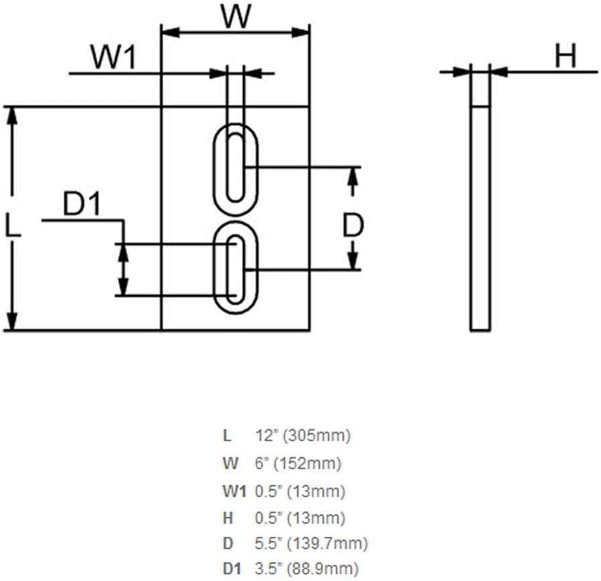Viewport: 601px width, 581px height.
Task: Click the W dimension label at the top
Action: (x=237, y=16)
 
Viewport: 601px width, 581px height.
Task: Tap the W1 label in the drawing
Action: (x=113, y=57)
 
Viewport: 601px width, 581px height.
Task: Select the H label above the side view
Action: (x=566, y=56)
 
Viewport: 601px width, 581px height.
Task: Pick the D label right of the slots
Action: (x=352, y=225)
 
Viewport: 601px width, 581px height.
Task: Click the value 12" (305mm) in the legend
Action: (x=302, y=436)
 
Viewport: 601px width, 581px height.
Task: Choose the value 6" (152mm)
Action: (x=298, y=463)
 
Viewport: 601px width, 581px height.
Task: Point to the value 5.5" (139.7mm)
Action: (x=311, y=543)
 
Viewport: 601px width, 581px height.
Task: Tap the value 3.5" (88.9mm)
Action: (x=306, y=569)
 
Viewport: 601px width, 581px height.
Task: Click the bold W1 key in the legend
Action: (x=234, y=491)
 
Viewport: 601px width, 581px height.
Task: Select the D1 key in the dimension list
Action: (x=233, y=569)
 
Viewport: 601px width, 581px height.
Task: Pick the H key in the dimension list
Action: (x=228, y=518)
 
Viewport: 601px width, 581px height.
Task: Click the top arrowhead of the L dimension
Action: (x=13, y=115)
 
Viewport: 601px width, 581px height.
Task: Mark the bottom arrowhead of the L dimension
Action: (x=13, y=321)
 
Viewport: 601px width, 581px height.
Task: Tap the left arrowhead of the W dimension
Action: (x=171, y=33)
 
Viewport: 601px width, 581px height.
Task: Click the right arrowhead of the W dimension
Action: (x=300, y=33)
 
